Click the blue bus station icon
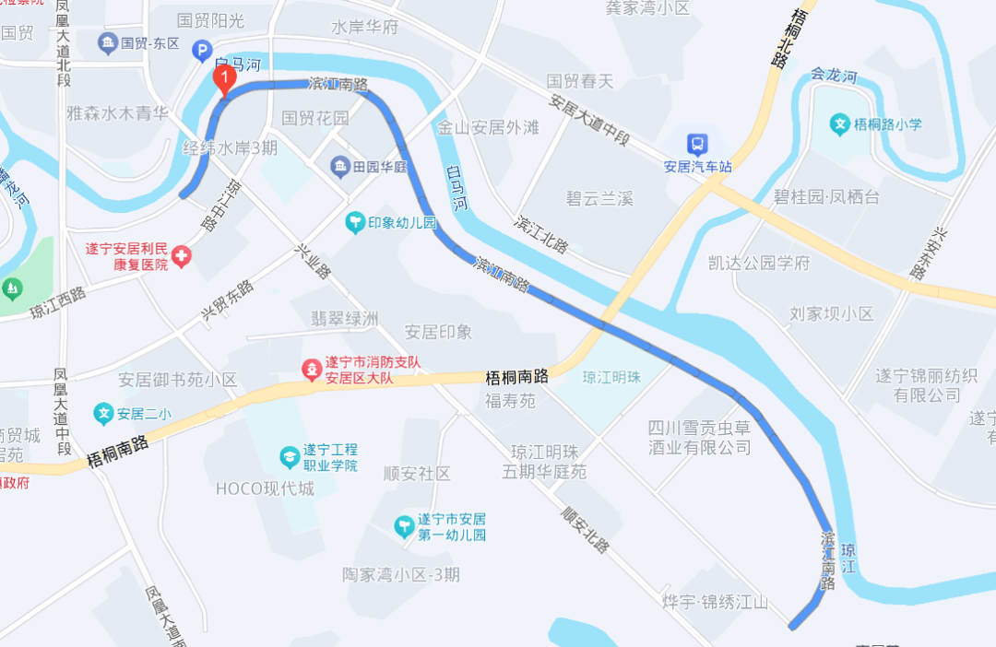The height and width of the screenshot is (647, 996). [697, 144]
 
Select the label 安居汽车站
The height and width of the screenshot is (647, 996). [697, 167]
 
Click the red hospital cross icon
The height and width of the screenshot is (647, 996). [181, 256]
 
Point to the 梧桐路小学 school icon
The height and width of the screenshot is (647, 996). [839, 123]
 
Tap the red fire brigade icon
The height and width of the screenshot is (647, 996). [314, 371]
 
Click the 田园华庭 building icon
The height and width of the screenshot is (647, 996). [340, 167]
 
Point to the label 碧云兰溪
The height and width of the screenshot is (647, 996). [599, 198]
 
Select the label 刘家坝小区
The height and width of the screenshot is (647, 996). [831, 313]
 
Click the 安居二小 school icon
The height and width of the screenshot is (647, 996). [104, 414]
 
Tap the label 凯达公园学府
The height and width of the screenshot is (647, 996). [759, 264]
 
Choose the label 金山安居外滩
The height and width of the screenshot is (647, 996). [488, 127]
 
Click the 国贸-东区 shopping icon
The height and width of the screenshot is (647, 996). [108, 42]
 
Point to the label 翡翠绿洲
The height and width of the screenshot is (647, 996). [345, 319]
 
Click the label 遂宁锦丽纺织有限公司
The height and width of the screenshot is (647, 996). [919, 385]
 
